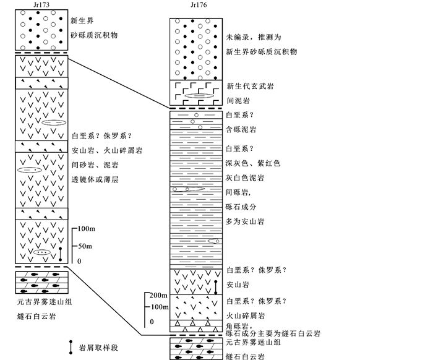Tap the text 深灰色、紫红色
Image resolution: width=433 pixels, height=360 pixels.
(x=254, y=163)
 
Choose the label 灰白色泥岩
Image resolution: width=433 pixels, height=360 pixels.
(x=246, y=178)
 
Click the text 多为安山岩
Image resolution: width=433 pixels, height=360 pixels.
(x=246, y=221)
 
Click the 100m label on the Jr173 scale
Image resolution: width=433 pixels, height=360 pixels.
(x=87, y=229)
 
